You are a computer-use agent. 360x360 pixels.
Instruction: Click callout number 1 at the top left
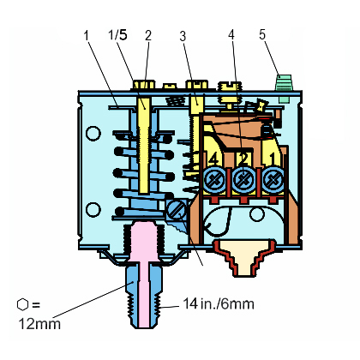coord(87,35)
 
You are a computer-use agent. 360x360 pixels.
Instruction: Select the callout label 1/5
coord(117,35)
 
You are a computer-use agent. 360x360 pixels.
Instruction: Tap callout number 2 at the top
coord(148,36)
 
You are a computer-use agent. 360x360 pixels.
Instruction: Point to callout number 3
coord(183,36)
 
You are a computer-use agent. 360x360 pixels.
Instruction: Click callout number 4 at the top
coord(231,34)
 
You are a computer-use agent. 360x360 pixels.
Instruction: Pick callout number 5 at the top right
coord(262,34)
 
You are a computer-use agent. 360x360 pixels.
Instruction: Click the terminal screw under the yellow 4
coord(215,181)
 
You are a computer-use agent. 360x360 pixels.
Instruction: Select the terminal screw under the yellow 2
coord(243,181)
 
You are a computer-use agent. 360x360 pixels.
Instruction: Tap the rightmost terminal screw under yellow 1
coord(273,181)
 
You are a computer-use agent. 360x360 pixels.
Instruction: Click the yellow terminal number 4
coord(213,159)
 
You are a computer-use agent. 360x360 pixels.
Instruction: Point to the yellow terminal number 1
coord(272,159)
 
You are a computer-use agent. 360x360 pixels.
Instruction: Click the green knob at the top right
coord(283,88)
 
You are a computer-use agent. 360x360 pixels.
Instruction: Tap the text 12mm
coord(39,324)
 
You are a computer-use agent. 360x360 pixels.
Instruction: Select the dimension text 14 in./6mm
coord(219,303)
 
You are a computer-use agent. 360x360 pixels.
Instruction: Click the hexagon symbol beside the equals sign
coord(22,304)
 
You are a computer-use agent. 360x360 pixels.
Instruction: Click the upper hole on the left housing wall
coord(93,133)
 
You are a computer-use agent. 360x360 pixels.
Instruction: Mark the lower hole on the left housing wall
coord(93,210)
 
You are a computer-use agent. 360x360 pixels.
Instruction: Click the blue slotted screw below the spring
coord(177,209)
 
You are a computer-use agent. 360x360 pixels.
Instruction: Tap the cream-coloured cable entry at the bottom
coord(245,259)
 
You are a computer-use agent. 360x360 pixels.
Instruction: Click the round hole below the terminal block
coord(257,214)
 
